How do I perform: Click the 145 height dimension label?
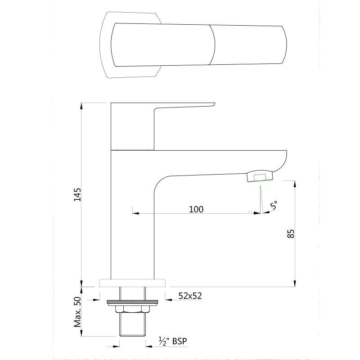[77, 195]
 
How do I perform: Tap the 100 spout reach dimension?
[196, 209]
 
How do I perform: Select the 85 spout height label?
[291, 234]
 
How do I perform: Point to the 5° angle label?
[274, 205]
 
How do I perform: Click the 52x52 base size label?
[190, 296]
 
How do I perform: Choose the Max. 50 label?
[77, 312]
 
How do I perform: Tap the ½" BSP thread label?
[173, 341]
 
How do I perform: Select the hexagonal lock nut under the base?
[132, 309]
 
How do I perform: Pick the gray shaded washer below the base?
[133, 301]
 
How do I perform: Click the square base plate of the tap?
[132, 283]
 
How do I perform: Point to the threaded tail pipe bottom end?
[132, 335]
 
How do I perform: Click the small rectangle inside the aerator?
[260, 177]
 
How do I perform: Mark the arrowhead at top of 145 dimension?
[81, 106]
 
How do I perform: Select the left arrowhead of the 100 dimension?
[136, 213]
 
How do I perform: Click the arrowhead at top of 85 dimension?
[295, 184]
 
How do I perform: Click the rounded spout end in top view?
[284, 45]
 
